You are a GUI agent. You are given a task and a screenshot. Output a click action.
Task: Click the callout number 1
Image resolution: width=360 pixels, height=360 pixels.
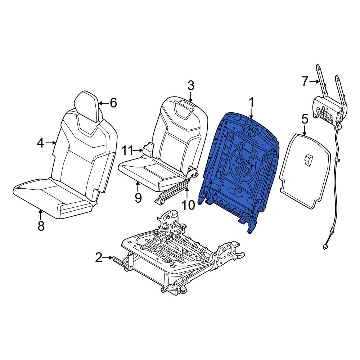pyautogui.click(x=252, y=102)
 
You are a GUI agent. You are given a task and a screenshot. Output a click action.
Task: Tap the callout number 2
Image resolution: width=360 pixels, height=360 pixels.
pyautogui.click(x=99, y=257)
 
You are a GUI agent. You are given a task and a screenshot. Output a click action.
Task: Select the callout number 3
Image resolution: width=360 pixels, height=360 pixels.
pyautogui.click(x=191, y=85)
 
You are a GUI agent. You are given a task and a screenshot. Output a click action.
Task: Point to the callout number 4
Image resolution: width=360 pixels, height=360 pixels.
pyautogui.click(x=40, y=143)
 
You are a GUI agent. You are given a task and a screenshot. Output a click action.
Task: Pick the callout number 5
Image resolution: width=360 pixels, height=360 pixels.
pyautogui.click(x=305, y=120)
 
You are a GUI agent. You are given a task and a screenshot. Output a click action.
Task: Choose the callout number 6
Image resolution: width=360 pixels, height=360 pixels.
pyautogui.click(x=113, y=103)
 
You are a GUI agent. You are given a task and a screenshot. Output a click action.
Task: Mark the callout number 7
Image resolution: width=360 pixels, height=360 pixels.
pyautogui.click(x=305, y=81)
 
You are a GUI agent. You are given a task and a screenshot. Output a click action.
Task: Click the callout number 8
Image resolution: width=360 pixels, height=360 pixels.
pyautogui.click(x=41, y=226)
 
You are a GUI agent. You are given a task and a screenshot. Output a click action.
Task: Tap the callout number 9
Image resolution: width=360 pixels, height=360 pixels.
pyautogui.click(x=138, y=198)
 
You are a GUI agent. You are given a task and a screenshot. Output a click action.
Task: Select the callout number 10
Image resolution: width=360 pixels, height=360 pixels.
pyautogui.click(x=188, y=205)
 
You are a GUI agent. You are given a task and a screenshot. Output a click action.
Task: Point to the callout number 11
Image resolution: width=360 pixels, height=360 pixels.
pyautogui.click(x=127, y=151)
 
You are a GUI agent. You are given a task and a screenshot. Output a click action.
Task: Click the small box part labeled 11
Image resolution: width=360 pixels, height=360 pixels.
pyautogui.click(x=148, y=150)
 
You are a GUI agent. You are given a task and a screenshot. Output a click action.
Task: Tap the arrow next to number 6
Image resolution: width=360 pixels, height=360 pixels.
pyautogui.click(x=104, y=103)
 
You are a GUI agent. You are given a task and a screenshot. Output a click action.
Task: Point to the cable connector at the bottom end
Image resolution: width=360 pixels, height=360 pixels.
pyautogui.click(x=325, y=247)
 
